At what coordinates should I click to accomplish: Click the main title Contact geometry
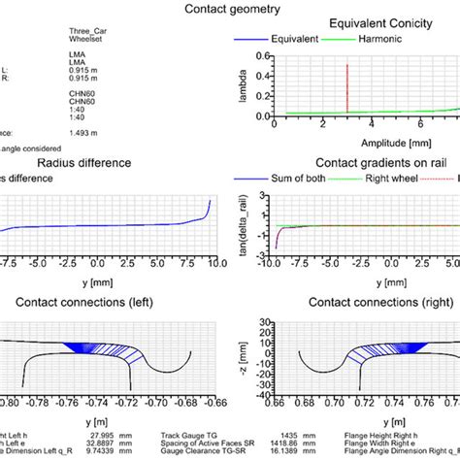[232, 10]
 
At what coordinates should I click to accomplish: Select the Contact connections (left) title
[114, 302]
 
